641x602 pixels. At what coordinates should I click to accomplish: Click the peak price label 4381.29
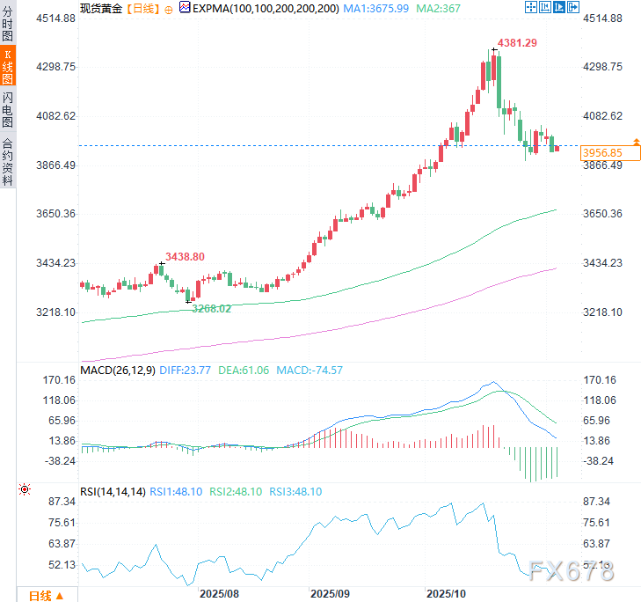click(x=519, y=42)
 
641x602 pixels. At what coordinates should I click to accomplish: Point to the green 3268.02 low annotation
click(x=211, y=308)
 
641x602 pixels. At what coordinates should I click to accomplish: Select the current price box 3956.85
click(x=602, y=153)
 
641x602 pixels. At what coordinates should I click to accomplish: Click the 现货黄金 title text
click(x=101, y=8)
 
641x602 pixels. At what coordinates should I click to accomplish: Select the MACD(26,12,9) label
click(x=118, y=371)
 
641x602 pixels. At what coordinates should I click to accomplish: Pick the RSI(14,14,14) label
click(x=113, y=492)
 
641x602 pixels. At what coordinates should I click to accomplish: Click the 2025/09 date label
click(x=331, y=594)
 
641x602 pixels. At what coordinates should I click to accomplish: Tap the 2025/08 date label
click(x=219, y=594)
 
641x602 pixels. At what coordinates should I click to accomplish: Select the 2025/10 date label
click(x=445, y=594)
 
